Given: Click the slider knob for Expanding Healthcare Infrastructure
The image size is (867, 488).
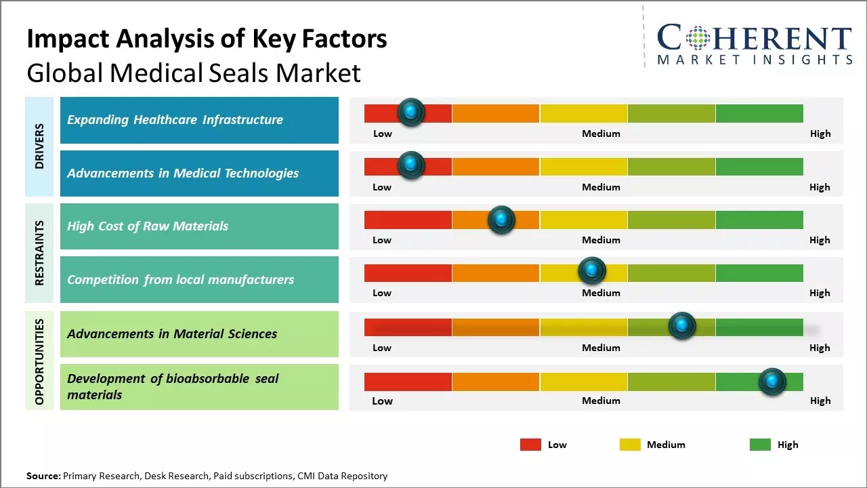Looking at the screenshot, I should pyautogui.click(x=411, y=113).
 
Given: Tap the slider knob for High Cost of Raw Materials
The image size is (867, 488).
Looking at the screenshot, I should pyautogui.click(x=501, y=220).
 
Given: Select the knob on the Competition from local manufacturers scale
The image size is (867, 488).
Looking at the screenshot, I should pyautogui.click(x=592, y=271).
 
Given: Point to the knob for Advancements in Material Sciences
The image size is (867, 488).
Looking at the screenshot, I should pyautogui.click(x=682, y=326).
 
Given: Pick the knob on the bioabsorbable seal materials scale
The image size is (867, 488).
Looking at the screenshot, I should pyautogui.click(x=772, y=382).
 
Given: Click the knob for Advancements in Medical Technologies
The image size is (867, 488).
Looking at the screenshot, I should pyautogui.click(x=411, y=165).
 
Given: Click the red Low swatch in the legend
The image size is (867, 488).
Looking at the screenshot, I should pyautogui.click(x=530, y=445).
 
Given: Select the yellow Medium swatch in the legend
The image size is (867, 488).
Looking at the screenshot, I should pyautogui.click(x=630, y=445).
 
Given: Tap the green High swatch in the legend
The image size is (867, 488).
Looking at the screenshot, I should pyautogui.click(x=760, y=445).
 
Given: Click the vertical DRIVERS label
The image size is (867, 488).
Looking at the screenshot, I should pyautogui.click(x=39, y=146).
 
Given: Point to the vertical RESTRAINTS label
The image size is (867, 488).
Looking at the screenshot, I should pyautogui.click(x=39, y=253).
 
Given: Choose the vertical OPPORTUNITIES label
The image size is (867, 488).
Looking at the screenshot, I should pyautogui.click(x=39, y=361).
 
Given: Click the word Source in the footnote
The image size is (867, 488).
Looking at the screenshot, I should pyautogui.click(x=43, y=476).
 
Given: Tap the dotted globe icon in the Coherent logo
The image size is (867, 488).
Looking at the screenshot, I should pyautogui.click(x=698, y=38).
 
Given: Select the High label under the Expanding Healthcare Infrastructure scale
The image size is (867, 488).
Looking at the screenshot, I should pyautogui.click(x=820, y=134).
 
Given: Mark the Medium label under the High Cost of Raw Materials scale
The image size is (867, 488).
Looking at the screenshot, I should pyautogui.click(x=601, y=240).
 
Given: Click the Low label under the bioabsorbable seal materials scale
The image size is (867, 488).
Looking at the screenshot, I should pyautogui.click(x=382, y=401).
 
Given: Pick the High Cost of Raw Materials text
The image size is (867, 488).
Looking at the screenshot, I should pyautogui.click(x=148, y=226).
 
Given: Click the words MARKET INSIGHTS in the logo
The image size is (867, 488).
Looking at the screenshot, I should pyautogui.click(x=755, y=60).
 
